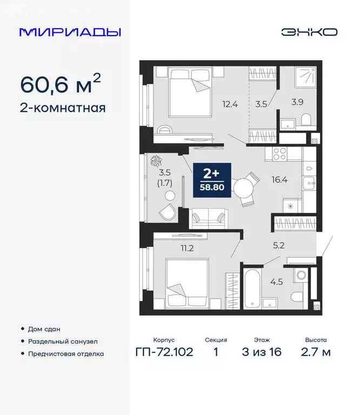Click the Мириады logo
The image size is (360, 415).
coord(70,32)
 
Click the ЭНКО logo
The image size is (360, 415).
coord(309,32)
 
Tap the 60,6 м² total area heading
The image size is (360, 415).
coord(60,84)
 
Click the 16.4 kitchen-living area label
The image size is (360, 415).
coord(279,180)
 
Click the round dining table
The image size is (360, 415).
coord(242,189)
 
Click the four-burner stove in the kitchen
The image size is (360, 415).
coord(279,153)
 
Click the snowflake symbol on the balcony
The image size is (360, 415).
coord(157,160)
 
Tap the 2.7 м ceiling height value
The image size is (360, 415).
coord(316,352)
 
